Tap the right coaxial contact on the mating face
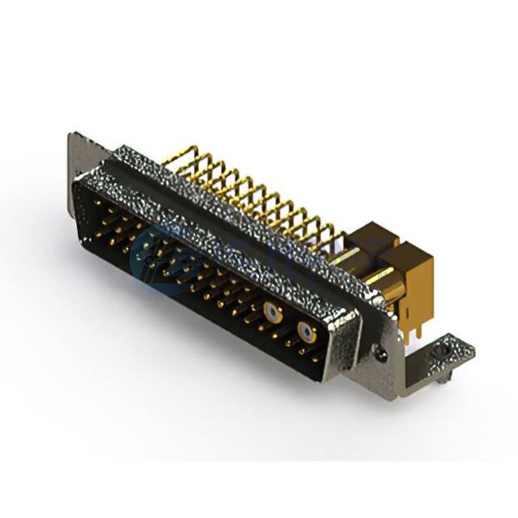pyautogui.click(x=305, y=331)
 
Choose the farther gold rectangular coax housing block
pyautogui.click(x=371, y=237)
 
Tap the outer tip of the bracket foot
pyautogui.click(x=470, y=349)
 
